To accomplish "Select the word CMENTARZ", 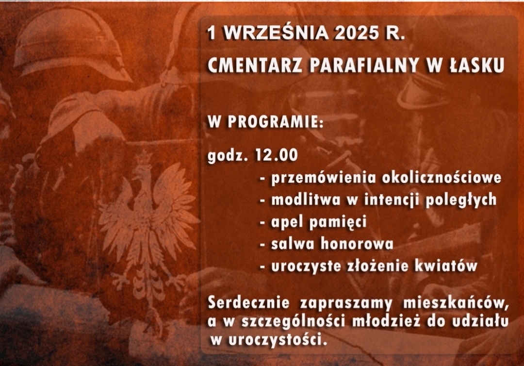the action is (x=255, y=65).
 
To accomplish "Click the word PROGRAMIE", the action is (x=276, y=122).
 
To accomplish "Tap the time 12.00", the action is (x=276, y=155).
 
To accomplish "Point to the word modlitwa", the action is (x=306, y=200).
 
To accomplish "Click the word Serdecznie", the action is (x=248, y=303).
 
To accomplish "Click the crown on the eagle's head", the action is (x=144, y=158).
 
